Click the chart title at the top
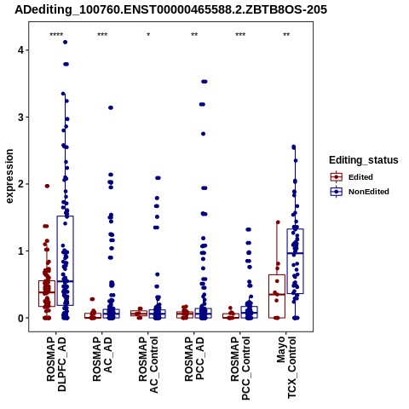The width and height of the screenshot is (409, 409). click(170, 9)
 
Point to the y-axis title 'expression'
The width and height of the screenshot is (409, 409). click(9, 176)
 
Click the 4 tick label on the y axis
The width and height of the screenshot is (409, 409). click(20, 50)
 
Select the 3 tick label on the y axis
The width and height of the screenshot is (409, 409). click(20, 118)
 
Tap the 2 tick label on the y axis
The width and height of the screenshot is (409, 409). click(20, 184)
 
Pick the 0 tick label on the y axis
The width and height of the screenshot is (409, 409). click(20, 318)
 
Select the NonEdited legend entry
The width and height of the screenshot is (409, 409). click(360, 192)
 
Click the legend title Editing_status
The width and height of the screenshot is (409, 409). click(364, 160)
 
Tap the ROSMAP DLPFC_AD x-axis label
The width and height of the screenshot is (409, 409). click(56, 364)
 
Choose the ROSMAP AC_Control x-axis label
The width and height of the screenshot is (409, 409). click(148, 365)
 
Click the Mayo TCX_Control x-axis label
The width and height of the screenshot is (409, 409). click(286, 367)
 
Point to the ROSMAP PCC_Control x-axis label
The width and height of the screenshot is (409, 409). click(240, 368)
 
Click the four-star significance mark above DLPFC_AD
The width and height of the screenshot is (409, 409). click(56, 35)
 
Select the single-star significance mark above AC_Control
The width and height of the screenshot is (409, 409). click(148, 35)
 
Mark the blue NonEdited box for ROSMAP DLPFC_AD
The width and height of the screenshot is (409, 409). click(66, 261)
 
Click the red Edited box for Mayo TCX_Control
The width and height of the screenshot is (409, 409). click(277, 297)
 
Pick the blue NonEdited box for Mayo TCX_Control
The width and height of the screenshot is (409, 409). click(296, 261)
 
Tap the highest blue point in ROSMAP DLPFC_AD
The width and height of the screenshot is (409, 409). click(66, 42)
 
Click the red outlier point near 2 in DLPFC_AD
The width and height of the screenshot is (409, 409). click(47, 186)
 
